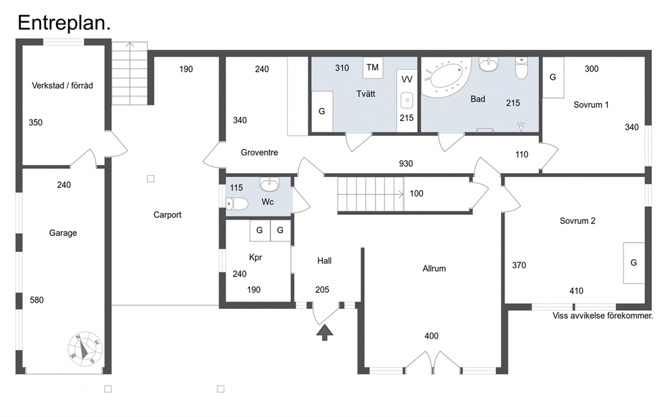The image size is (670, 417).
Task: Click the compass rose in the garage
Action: coord(86,348)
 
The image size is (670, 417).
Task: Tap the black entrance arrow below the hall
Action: coord(325,333)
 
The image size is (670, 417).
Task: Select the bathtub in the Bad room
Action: coord(446,77)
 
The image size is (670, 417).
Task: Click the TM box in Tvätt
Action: coord(373,68)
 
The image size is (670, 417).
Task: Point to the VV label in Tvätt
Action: coord(407,80)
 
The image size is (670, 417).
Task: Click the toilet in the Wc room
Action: coord(236,203)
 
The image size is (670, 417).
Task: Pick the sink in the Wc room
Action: coord(269,185)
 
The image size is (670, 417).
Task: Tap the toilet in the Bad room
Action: coord(521,68)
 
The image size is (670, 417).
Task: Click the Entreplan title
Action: coord(64,23)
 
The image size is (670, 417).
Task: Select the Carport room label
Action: coord(167,215)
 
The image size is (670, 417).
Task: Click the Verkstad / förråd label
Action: coord(62,86)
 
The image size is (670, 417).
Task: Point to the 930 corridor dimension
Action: coord(406,164)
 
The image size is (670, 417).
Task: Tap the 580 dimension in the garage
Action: coord(36,300)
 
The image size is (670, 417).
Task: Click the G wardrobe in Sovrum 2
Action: coord(634,263)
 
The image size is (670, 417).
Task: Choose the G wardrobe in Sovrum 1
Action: coord(553,78)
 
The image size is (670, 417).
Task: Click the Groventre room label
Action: coord(259,152)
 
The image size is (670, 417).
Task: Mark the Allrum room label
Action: coord(434,268)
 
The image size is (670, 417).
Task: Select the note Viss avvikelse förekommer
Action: coord(603,316)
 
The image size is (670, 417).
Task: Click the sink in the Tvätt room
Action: coord(407,101)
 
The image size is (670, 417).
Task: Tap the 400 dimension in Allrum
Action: coord(432,336)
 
